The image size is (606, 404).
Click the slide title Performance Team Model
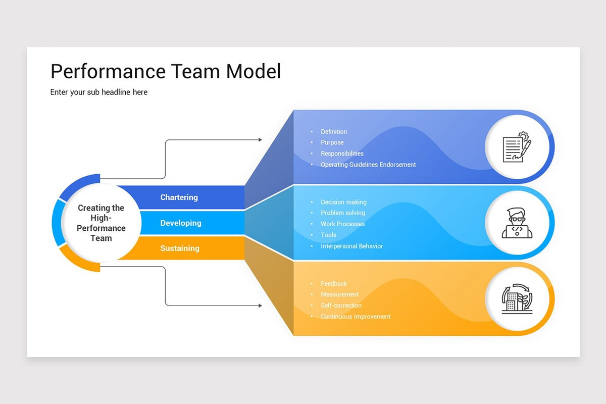166,72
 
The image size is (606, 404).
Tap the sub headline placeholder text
99,92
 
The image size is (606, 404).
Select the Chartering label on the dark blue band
179,197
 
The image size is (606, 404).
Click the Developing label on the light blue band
181,223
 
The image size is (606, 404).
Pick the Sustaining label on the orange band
180,248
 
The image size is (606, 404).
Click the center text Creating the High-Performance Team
101,223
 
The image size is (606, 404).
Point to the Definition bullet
334,132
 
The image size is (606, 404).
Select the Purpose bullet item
332,142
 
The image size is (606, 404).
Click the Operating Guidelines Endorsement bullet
368,165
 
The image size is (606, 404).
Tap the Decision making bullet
343,202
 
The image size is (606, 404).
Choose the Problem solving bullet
343,213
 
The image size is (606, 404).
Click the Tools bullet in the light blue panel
328,235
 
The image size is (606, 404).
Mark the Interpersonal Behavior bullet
351,246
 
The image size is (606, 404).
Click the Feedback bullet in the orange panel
334,284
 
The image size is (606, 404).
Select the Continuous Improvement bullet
356,317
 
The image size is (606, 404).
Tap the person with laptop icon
517,223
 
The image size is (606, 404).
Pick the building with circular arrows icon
517,298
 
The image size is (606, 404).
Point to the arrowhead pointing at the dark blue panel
260,140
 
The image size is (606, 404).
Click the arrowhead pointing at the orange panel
260,306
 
